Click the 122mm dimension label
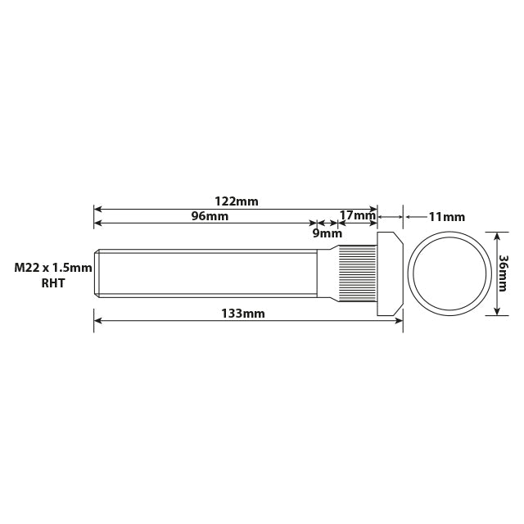pyautogui.click(x=237, y=201)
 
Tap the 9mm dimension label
pyautogui.click(x=325, y=233)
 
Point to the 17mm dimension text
pyautogui.click(x=356, y=216)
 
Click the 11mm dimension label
pyautogui.click(x=446, y=217)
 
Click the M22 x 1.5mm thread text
pyautogui.click(x=52, y=268)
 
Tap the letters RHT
pyautogui.click(x=52, y=283)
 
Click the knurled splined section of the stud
pyautogui.click(x=359, y=273)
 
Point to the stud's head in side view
pyautogui.click(x=389, y=273)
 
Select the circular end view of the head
pyautogui.click(x=447, y=273)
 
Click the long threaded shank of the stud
pyautogui.click(x=205, y=273)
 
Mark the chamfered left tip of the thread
pyautogui.click(x=97, y=273)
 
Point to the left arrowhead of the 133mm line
pyautogui.click(x=97, y=321)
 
